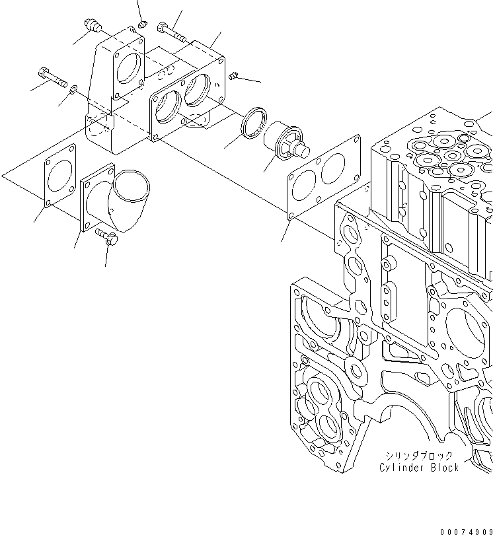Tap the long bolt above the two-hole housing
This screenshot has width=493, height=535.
click(171, 30)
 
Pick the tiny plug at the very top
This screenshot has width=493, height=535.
click(141, 24)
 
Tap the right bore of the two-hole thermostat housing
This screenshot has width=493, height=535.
click(198, 89)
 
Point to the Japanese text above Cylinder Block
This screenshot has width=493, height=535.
click(420, 456)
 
